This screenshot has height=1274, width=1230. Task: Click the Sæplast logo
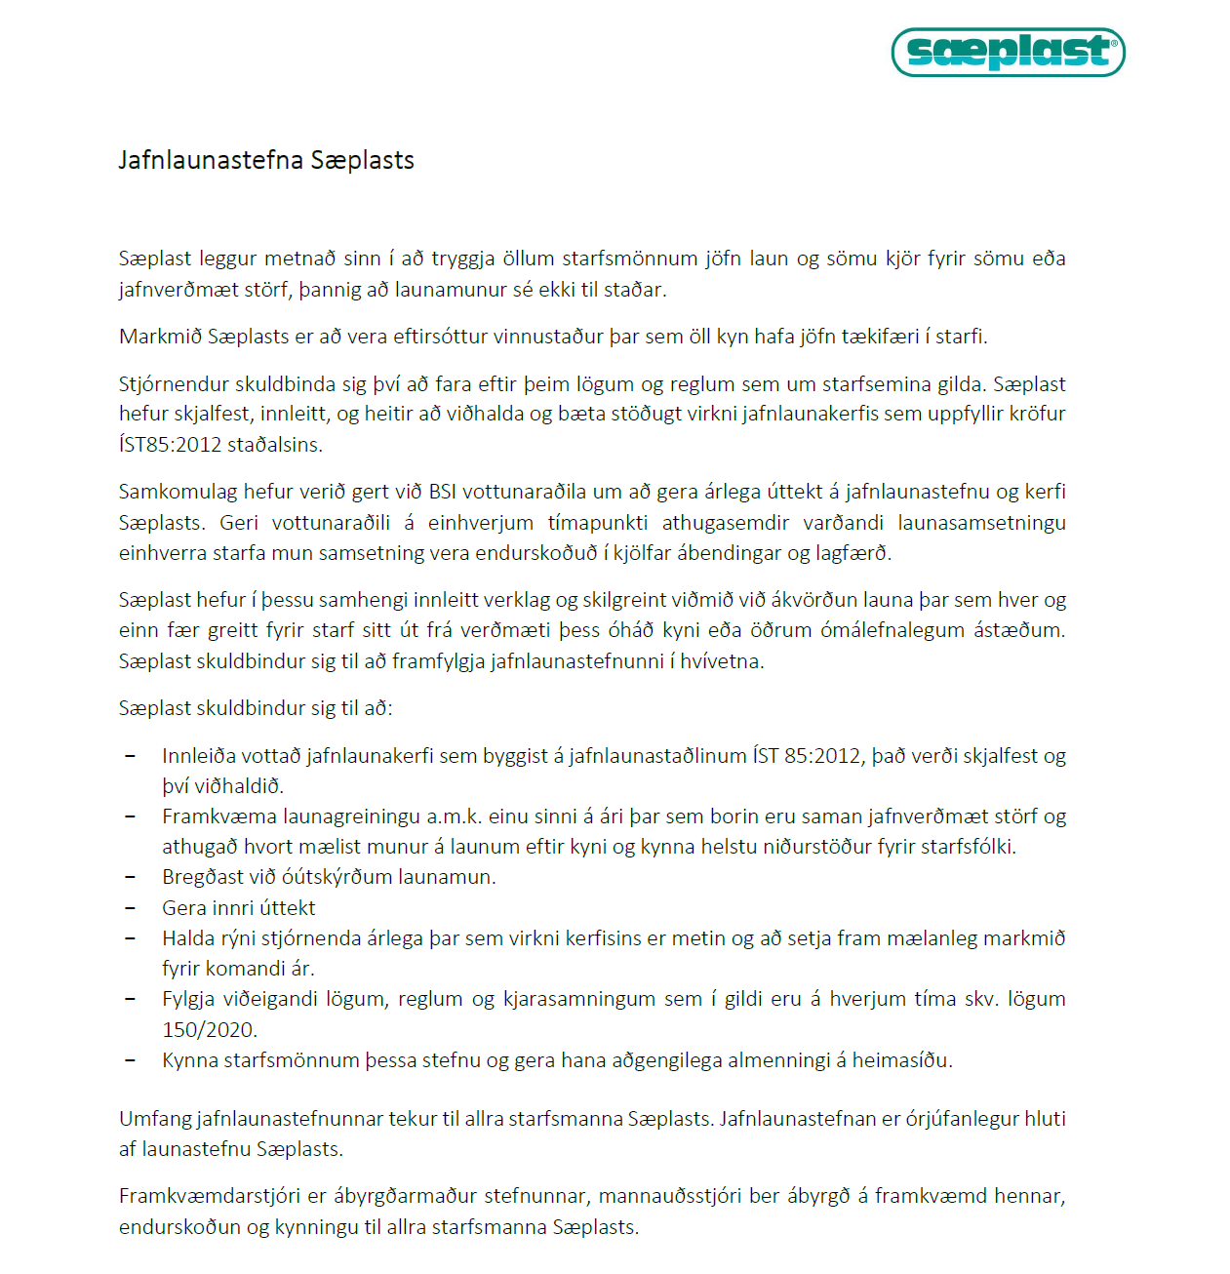coord(1008,52)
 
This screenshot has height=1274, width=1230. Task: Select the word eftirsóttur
coord(440,337)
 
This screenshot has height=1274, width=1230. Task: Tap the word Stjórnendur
coord(174,384)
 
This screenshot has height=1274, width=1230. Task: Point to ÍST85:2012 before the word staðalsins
coord(170,445)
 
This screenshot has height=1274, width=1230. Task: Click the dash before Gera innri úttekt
coord(131,908)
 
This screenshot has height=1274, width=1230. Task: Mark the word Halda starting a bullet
coord(188,938)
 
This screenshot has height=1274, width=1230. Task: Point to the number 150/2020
coord(209,1030)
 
